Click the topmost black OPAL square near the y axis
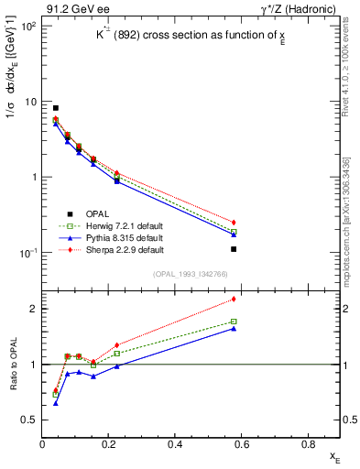point(56,108)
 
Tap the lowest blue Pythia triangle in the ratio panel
point(56,403)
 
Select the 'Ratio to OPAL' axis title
point(12,365)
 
